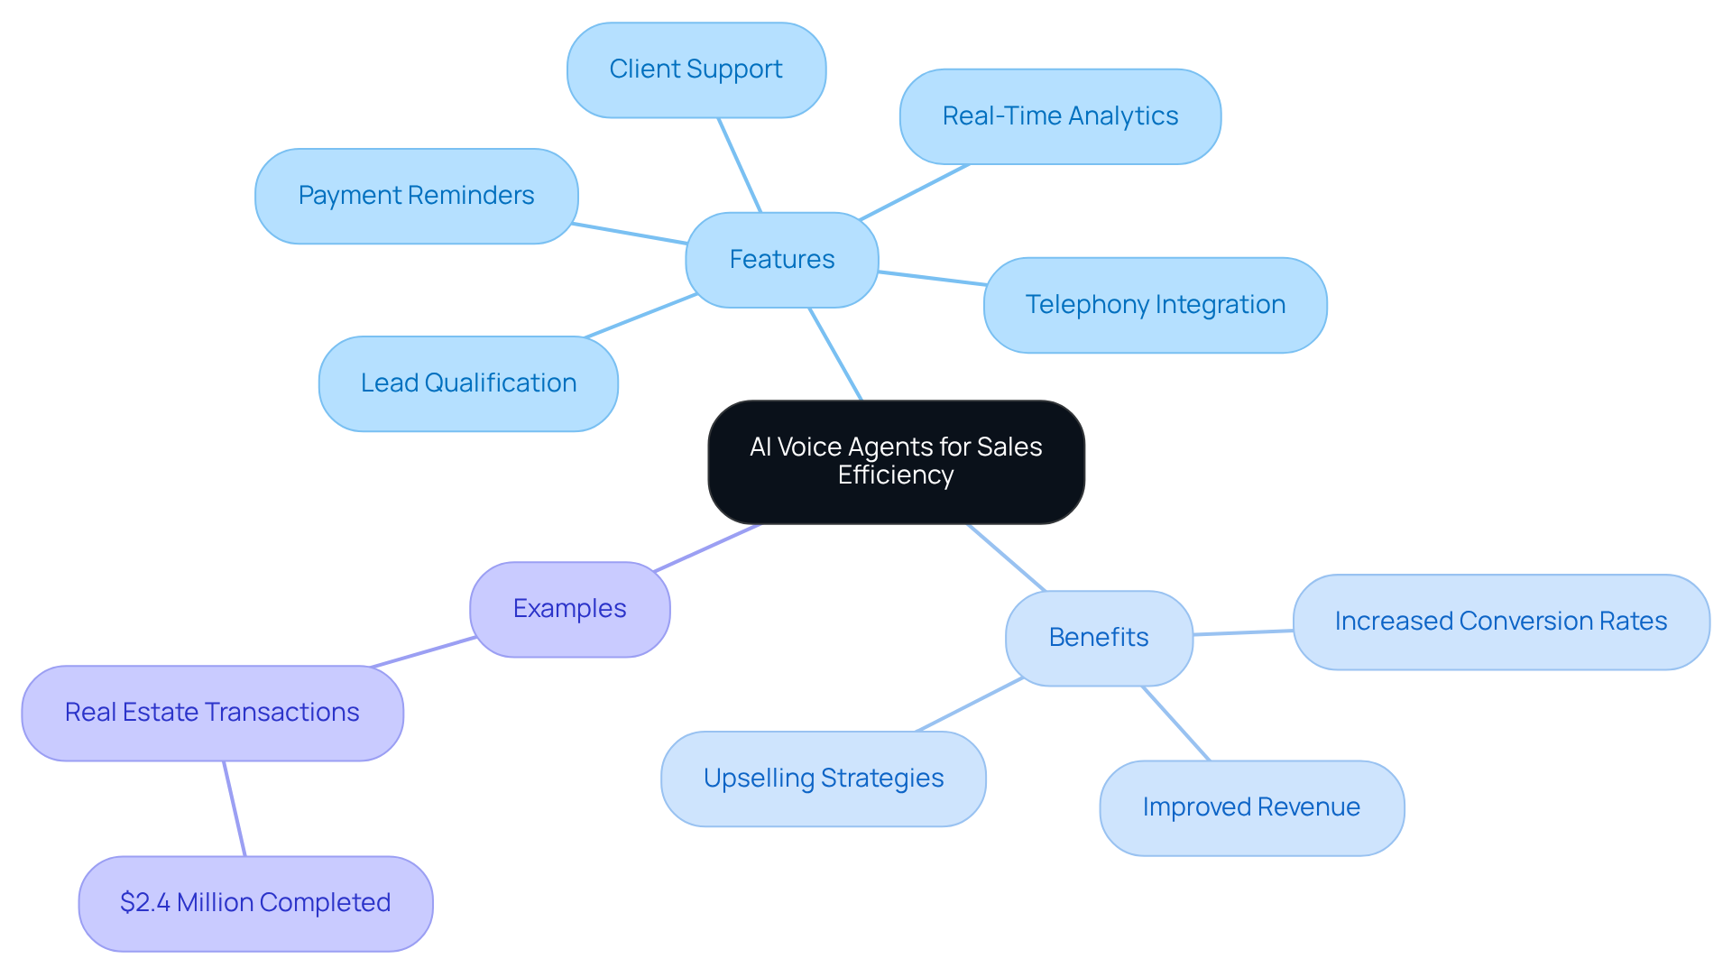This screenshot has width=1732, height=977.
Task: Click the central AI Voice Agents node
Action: (x=896, y=461)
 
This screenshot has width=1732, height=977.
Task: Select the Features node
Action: (x=782, y=260)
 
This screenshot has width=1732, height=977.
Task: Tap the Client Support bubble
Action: (x=696, y=69)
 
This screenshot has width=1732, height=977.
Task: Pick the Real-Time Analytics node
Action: (x=1060, y=116)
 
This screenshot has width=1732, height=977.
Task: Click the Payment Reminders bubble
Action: (x=416, y=196)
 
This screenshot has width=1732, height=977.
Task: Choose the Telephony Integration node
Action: (x=1155, y=305)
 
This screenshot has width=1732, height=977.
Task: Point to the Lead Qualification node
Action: (x=468, y=383)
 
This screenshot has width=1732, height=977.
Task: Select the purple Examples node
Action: (x=569, y=609)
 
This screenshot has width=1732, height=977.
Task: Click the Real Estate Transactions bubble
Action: (x=212, y=713)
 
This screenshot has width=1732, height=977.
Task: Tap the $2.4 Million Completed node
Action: (x=255, y=903)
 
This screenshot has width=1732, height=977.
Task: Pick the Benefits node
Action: (x=1099, y=638)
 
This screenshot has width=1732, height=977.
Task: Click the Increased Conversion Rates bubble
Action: (x=1500, y=622)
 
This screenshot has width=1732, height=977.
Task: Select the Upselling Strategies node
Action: (x=823, y=779)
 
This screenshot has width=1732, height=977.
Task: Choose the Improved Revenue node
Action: (x=1251, y=807)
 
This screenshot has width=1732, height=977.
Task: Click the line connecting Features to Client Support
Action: (x=740, y=165)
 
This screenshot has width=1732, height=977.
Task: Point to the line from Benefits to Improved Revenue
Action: (x=1175, y=724)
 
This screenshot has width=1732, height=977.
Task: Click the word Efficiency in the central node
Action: (x=896, y=475)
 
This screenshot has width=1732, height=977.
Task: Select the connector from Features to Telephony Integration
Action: (x=932, y=278)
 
